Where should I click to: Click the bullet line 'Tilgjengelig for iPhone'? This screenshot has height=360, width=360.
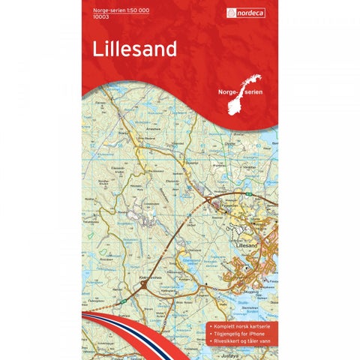[x=242, y=319]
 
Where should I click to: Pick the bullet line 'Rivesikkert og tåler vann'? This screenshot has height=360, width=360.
[x=244, y=328]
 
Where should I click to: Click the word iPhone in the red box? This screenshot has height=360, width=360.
[x=259, y=319]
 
